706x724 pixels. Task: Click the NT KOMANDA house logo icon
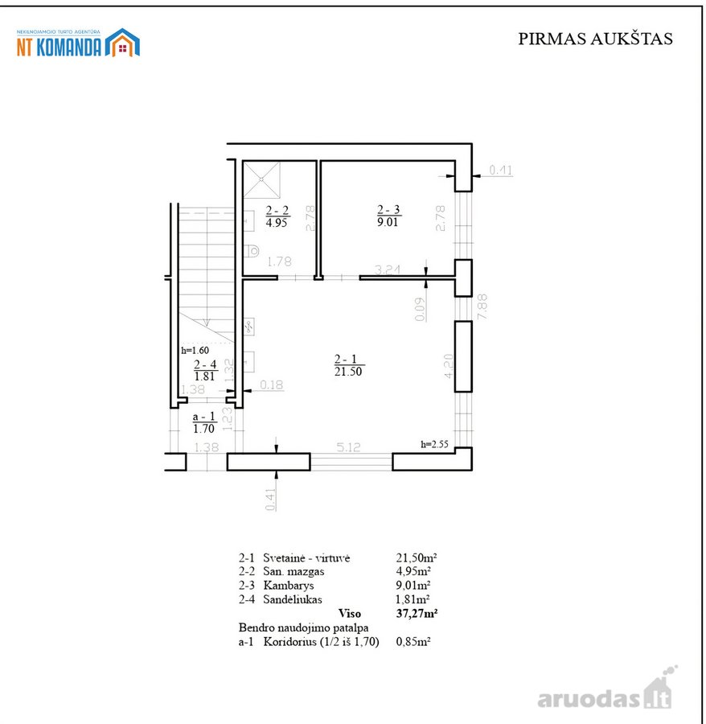(x=122, y=43)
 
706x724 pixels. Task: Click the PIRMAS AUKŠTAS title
(x=595, y=39)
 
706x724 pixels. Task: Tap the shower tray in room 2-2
(x=261, y=179)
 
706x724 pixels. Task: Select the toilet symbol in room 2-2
(x=252, y=251)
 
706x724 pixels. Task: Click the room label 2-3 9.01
(x=388, y=216)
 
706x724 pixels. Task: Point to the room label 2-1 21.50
(x=348, y=365)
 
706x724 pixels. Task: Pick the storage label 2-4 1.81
(x=205, y=370)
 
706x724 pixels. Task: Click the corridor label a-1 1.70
(x=204, y=422)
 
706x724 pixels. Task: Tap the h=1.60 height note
(x=195, y=350)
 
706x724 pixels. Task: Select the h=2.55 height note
(x=434, y=444)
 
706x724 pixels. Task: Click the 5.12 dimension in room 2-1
(x=348, y=447)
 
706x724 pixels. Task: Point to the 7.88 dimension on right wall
(x=482, y=306)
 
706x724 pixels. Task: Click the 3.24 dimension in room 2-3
(x=388, y=269)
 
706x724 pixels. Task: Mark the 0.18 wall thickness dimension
(x=271, y=385)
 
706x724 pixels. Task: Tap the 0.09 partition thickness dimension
(x=420, y=309)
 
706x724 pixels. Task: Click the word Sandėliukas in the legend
(x=293, y=599)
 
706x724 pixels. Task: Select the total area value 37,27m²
(x=417, y=613)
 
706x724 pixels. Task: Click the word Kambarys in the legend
(x=289, y=586)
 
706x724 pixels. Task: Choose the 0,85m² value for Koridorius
(x=413, y=641)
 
